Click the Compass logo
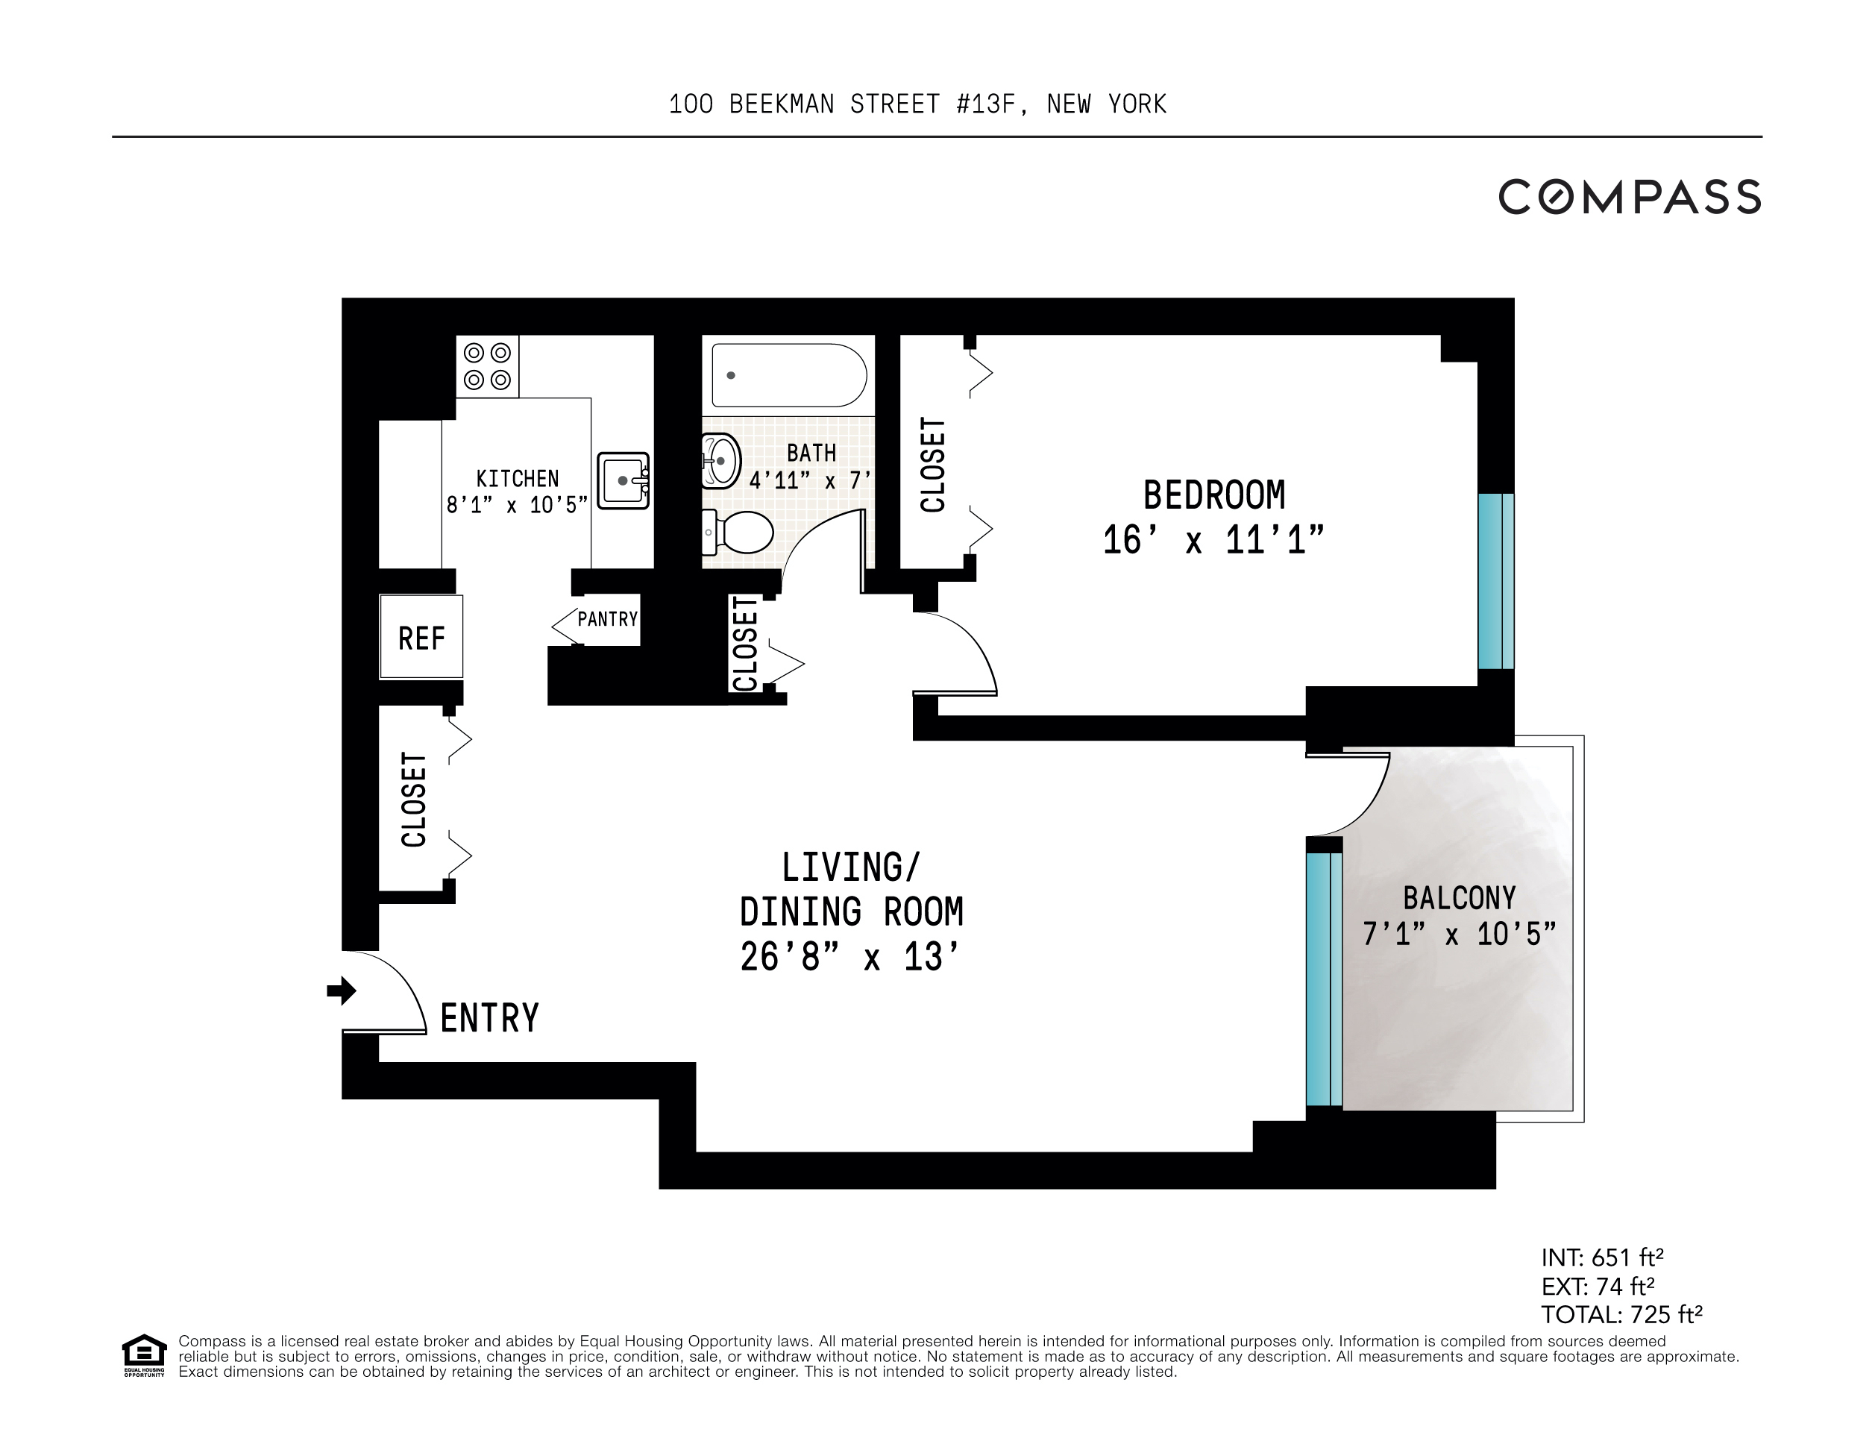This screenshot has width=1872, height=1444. (x=1629, y=197)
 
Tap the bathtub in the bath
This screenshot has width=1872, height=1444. (x=788, y=375)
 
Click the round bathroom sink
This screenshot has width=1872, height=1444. (x=720, y=461)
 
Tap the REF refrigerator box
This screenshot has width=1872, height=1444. (x=421, y=638)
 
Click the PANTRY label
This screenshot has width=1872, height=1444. (x=607, y=619)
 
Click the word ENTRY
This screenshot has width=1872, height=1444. (x=489, y=1018)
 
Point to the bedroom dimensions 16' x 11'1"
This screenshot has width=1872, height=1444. (x=1213, y=541)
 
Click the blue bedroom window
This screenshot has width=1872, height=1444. (x=1495, y=580)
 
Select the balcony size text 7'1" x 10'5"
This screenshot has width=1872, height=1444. (x=1459, y=933)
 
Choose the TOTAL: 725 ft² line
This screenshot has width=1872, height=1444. (x=1621, y=1313)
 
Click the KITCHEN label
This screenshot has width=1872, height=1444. (x=517, y=478)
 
